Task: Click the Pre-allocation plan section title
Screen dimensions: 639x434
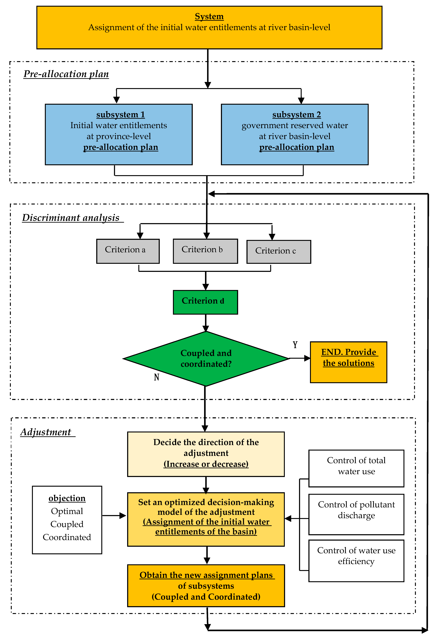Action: point(66,74)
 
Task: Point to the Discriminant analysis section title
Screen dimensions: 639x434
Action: point(71,218)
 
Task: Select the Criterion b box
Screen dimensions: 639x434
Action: point(205,251)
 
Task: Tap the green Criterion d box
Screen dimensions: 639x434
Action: point(205,302)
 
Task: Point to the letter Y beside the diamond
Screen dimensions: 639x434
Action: point(295,345)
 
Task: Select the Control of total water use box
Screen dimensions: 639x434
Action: point(356,468)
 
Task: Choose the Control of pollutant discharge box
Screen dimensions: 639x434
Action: point(356,514)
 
